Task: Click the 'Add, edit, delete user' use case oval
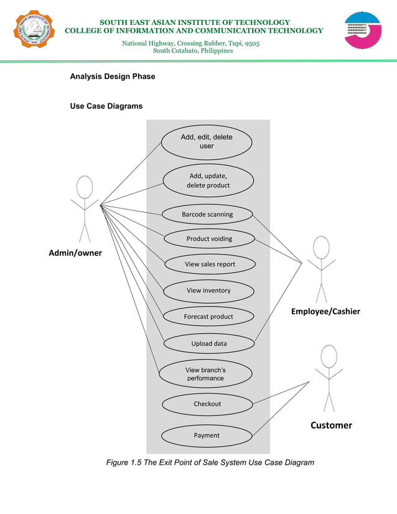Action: click(x=207, y=141)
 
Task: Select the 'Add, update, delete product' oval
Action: click(x=208, y=180)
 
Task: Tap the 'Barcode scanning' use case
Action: click(x=207, y=215)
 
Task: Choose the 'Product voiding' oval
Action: click(x=209, y=238)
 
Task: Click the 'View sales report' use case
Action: click(x=210, y=264)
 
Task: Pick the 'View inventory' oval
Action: click(x=208, y=291)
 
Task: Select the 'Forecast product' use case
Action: click(x=208, y=317)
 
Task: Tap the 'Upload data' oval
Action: click(x=208, y=343)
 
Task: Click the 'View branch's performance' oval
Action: click(x=205, y=374)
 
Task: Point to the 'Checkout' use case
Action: click(x=207, y=404)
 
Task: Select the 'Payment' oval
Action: click(x=207, y=436)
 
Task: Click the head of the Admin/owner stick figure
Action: click(x=85, y=187)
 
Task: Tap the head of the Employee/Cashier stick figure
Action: click(x=321, y=247)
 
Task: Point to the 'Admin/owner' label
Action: click(x=75, y=253)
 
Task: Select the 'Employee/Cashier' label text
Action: click(x=325, y=311)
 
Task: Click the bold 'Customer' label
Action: click(x=331, y=425)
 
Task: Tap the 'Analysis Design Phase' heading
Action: click(x=113, y=77)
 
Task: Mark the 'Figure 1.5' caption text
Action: click(x=210, y=462)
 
